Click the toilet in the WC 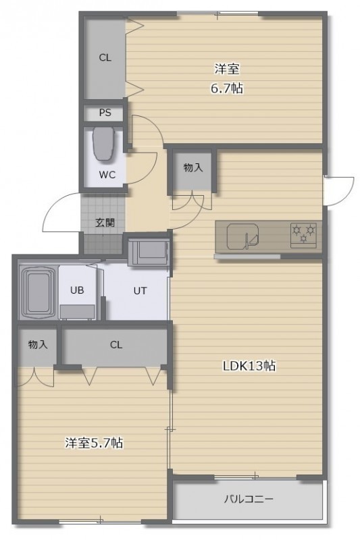103,144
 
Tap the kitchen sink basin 243,236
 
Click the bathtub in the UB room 38,292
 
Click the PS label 105,113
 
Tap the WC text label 107,175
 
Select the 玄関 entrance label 105,223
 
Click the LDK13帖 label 249,366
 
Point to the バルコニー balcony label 249,499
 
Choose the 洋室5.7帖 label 94,443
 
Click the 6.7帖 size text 227,88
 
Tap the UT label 140,291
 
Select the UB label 77,290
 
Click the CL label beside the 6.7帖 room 105,58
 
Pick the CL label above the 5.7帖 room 116,345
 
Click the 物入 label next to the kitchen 193,168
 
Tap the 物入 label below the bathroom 38,344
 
